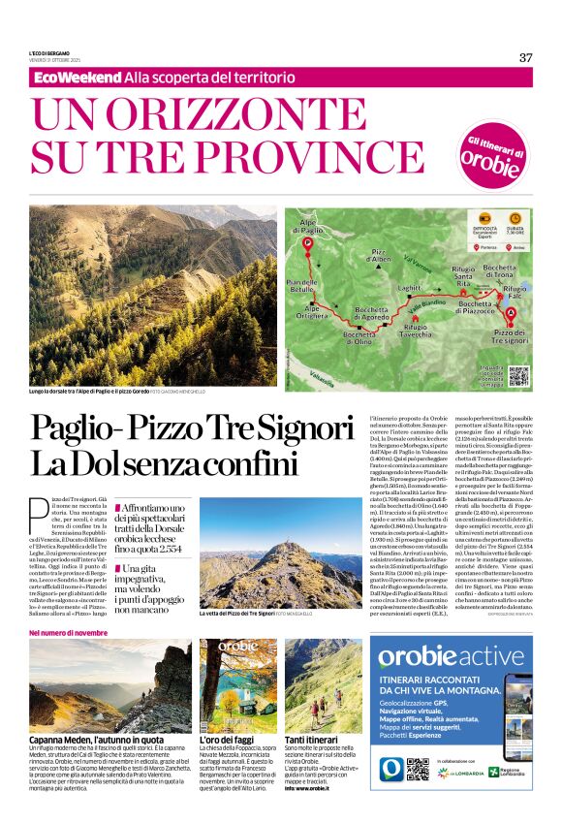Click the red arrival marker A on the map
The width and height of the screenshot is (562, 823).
tap(511, 311)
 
